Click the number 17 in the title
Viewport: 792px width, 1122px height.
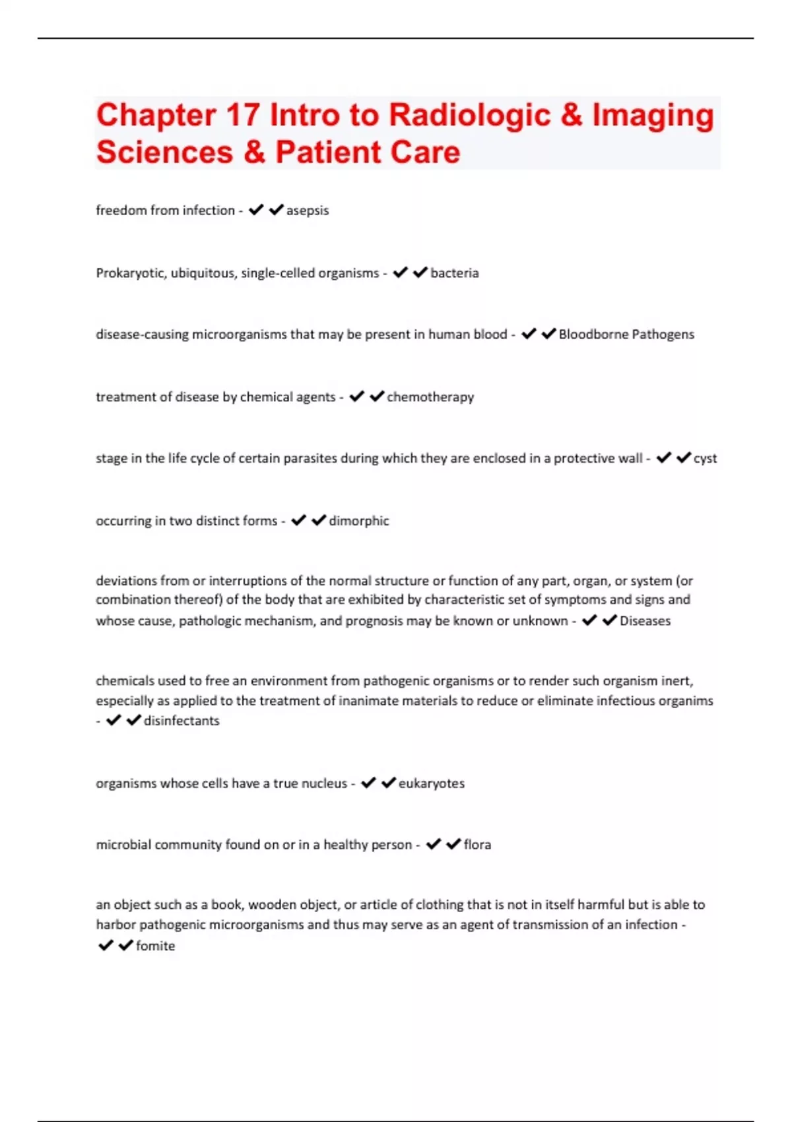[x=243, y=115]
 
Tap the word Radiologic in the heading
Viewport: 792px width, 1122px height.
[x=469, y=115]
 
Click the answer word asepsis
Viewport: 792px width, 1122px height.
[x=307, y=211]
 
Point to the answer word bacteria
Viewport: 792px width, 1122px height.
[x=454, y=273]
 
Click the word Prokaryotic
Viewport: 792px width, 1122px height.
[x=131, y=273]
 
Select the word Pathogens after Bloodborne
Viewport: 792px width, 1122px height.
[x=663, y=335]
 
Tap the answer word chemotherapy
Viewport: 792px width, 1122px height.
[x=430, y=397]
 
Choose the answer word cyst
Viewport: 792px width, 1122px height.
[x=705, y=459]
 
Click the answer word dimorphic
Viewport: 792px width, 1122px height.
[x=359, y=521]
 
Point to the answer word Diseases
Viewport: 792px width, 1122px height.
[x=645, y=621]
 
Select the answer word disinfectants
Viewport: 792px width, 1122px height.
[x=181, y=721]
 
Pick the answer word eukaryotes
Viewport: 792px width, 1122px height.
[x=432, y=783]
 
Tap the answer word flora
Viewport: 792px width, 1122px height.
[x=477, y=845]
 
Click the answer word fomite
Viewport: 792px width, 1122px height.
[x=155, y=946]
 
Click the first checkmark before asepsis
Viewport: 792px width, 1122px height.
[x=256, y=210]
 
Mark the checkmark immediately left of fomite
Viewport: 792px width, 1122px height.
[x=125, y=945]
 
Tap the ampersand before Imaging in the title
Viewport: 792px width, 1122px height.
[x=571, y=115]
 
